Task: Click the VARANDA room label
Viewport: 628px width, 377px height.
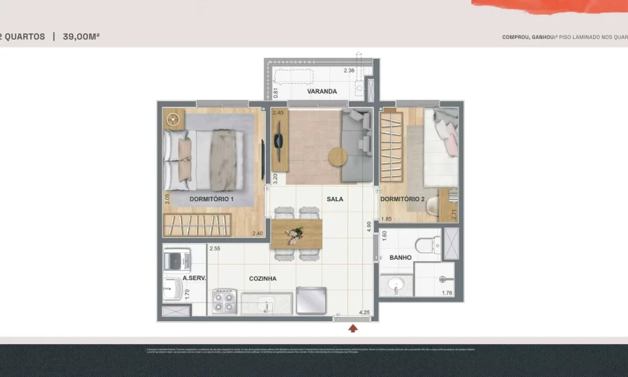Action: (322, 91)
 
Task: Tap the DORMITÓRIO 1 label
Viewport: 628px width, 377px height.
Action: (211, 199)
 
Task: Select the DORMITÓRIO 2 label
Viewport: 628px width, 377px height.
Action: (402, 199)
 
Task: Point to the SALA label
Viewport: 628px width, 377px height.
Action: (335, 199)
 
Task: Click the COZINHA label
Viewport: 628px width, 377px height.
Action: (263, 279)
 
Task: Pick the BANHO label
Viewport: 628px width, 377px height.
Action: (401, 258)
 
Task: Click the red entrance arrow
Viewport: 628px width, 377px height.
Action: (353, 327)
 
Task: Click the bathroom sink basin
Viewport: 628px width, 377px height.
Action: (396, 285)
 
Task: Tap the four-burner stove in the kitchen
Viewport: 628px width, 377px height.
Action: (225, 302)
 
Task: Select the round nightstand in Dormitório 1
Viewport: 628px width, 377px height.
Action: (173, 119)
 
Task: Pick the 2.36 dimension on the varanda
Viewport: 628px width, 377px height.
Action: (350, 71)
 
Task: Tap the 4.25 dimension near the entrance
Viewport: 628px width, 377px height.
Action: (364, 313)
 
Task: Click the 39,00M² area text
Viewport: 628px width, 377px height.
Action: (82, 36)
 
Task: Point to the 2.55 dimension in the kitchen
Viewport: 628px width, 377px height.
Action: (215, 249)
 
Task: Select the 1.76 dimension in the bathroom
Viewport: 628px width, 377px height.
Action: (447, 293)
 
